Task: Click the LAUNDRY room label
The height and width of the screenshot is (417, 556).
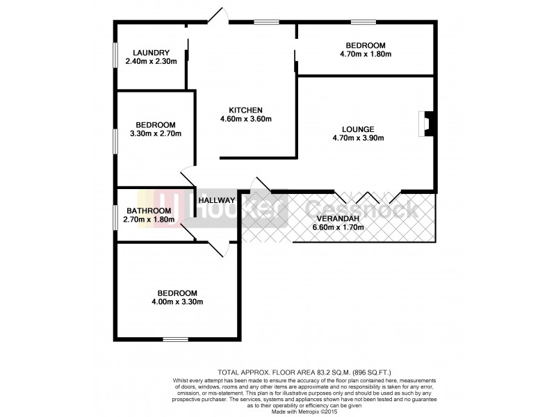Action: (151, 52)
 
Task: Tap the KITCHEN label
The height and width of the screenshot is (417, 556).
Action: (246, 110)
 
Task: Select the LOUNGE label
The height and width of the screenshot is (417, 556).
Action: (358, 129)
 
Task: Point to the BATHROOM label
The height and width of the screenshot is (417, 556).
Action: (149, 211)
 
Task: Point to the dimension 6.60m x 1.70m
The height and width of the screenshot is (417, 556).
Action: (338, 227)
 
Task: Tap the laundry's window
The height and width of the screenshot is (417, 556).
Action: (115, 56)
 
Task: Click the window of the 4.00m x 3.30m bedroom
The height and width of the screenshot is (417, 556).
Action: (175, 339)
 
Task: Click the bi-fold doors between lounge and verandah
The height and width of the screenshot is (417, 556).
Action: (366, 195)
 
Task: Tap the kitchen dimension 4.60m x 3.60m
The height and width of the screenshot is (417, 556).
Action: (246, 119)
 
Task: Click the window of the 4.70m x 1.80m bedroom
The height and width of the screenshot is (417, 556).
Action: (363, 22)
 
